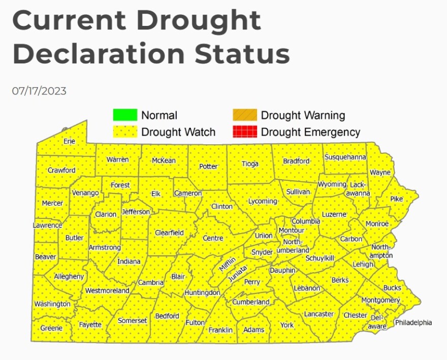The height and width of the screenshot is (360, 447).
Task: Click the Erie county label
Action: pyautogui.click(x=69, y=141)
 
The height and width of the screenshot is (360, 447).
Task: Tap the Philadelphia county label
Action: pyautogui.click(x=413, y=322)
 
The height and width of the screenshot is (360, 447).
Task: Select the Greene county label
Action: pyautogui.click(x=51, y=328)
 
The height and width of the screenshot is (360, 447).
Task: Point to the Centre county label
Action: pyautogui.click(x=213, y=238)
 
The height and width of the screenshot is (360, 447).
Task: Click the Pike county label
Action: pyautogui.click(x=397, y=199)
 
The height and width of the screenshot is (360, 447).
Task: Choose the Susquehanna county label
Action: pyautogui.click(x=345, y=157)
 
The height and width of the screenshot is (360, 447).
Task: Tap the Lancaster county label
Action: pyautogui.click(x=318, y=314)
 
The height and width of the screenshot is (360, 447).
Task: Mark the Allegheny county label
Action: pyautogui.click(x=69, y=277)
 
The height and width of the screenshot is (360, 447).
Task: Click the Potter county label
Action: pyautogui.click(x=208, y=167)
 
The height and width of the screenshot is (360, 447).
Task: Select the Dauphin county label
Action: pyautogui.click(x=282, y=271)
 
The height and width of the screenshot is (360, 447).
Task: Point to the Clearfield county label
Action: pyautogui.click(x=169, y=233)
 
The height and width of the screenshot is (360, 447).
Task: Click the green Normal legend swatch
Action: pyautogui.click(x=125, y=115)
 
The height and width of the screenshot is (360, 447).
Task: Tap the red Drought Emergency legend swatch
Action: pyautogui.click(x=245, y=132)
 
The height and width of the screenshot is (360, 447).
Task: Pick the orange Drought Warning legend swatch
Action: pyautogui.click(x=245, y=115)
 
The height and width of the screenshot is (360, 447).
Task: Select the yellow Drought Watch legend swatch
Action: pyautogui.click(x=125, y=132)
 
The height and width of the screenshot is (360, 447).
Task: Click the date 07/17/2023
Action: pyautogui.click(x=39, y=91)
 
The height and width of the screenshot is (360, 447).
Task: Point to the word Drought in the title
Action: pyautogui.click(x=199, y=21)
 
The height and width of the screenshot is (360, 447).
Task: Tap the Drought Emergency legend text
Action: pyautogui.click(x=310, y=133)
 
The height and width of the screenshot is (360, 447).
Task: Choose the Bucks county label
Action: pyautogui.click(x=392, y=288)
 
